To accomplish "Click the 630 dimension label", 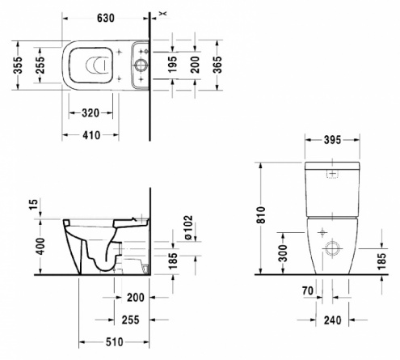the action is point(106,18).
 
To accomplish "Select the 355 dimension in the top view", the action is point(19,65).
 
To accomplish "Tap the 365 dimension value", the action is point(217,65).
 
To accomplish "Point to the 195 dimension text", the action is point(172,64).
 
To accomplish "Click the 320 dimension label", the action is point(91,112).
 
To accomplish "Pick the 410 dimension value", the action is point(91,135).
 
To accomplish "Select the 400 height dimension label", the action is point(40,246).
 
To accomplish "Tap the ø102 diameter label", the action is point(187,227).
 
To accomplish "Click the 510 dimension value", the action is point(115,342).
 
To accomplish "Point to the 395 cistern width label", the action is point(332,140).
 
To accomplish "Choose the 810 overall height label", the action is point(261,214).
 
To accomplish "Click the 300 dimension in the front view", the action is point(283,253).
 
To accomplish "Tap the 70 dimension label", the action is point(308,290).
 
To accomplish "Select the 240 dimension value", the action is point(332,320).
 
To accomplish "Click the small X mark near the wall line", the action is point(163,13).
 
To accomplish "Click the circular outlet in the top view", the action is point(141,66).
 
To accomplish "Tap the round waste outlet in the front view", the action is point(332,248).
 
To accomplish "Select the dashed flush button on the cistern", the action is point(332,174).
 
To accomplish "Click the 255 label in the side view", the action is point(131,320).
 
